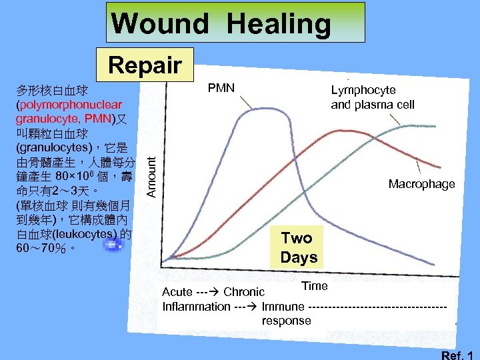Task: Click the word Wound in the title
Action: (x=160, y=24)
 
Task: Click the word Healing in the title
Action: (x=279, y=24)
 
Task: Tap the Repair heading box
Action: (x=145, y=65)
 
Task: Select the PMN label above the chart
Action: (x=221, y=87)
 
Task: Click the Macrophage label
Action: (x=421, y=184)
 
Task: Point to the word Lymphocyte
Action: (x=363, y=90)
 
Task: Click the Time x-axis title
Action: (x=315, y=286)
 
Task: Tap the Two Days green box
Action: (x=299, y=247)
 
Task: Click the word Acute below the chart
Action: (x=178, y=292)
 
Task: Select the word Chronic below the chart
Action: (x=244, y=292)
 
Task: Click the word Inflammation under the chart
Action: (x=196, y=307)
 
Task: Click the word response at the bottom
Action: (x=286, y=321)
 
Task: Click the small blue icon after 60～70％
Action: (x=114, y=246)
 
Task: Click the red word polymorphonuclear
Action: (x=69, y=105)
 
